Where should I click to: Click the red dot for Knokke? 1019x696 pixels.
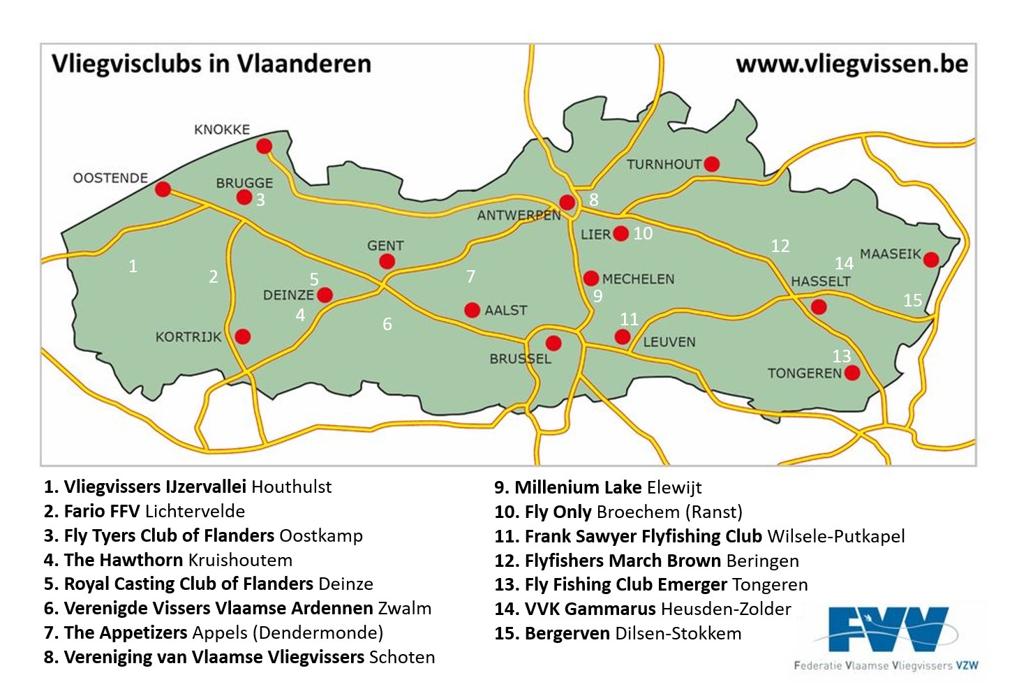click(264, 146)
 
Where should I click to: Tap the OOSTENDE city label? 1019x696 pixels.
click(110, 178)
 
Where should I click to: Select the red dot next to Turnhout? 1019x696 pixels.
click(711, 164)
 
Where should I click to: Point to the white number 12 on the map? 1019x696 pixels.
click(780, 246)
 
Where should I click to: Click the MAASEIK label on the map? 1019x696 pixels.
click(890, 254)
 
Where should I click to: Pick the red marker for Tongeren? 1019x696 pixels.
click(851, 373)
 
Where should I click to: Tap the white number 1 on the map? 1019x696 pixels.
click(133, 266)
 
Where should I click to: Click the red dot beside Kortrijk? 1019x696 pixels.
click(242, 336)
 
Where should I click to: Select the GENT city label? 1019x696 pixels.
click(385, 246)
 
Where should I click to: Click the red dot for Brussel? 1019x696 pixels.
click(553, 343)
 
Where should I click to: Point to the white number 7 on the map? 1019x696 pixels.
click(470, 276)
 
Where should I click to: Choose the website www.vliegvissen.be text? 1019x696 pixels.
click(851, 64)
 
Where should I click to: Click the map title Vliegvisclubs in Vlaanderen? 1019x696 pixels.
click(211, 64)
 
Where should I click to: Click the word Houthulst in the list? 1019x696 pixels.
click(291, 487)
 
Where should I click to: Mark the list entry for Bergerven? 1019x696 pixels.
click(568, 633)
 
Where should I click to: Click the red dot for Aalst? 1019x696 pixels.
click(472, 309)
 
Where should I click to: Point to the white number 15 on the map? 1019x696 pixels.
click(912, 300)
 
